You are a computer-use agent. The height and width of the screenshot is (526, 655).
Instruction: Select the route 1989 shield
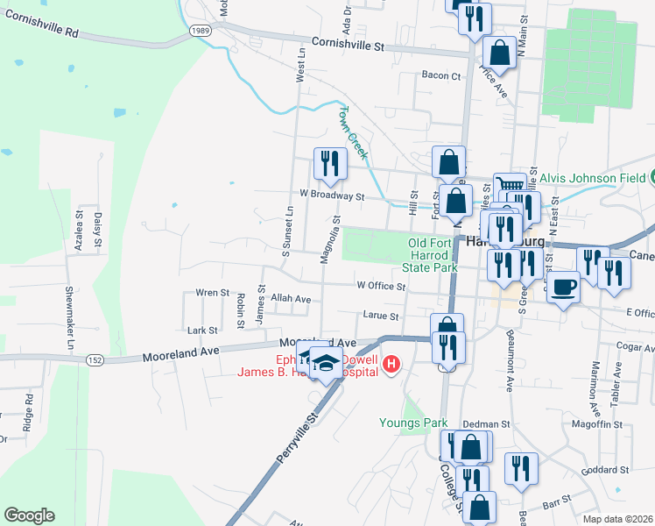coord(198,30)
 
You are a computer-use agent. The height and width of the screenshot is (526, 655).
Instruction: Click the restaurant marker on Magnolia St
coord(330,164)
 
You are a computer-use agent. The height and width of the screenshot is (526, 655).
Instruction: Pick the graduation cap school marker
coord(327,362)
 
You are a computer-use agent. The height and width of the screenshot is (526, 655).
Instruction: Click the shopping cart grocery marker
coord(510,185)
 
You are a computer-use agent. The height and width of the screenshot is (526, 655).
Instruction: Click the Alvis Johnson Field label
coord(589,178)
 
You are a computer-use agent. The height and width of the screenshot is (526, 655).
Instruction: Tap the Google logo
coord(29,515)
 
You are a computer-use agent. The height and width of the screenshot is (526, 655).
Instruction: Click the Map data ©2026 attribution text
coord(618,519)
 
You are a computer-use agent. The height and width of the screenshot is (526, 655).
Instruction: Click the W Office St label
coord(381,286)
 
